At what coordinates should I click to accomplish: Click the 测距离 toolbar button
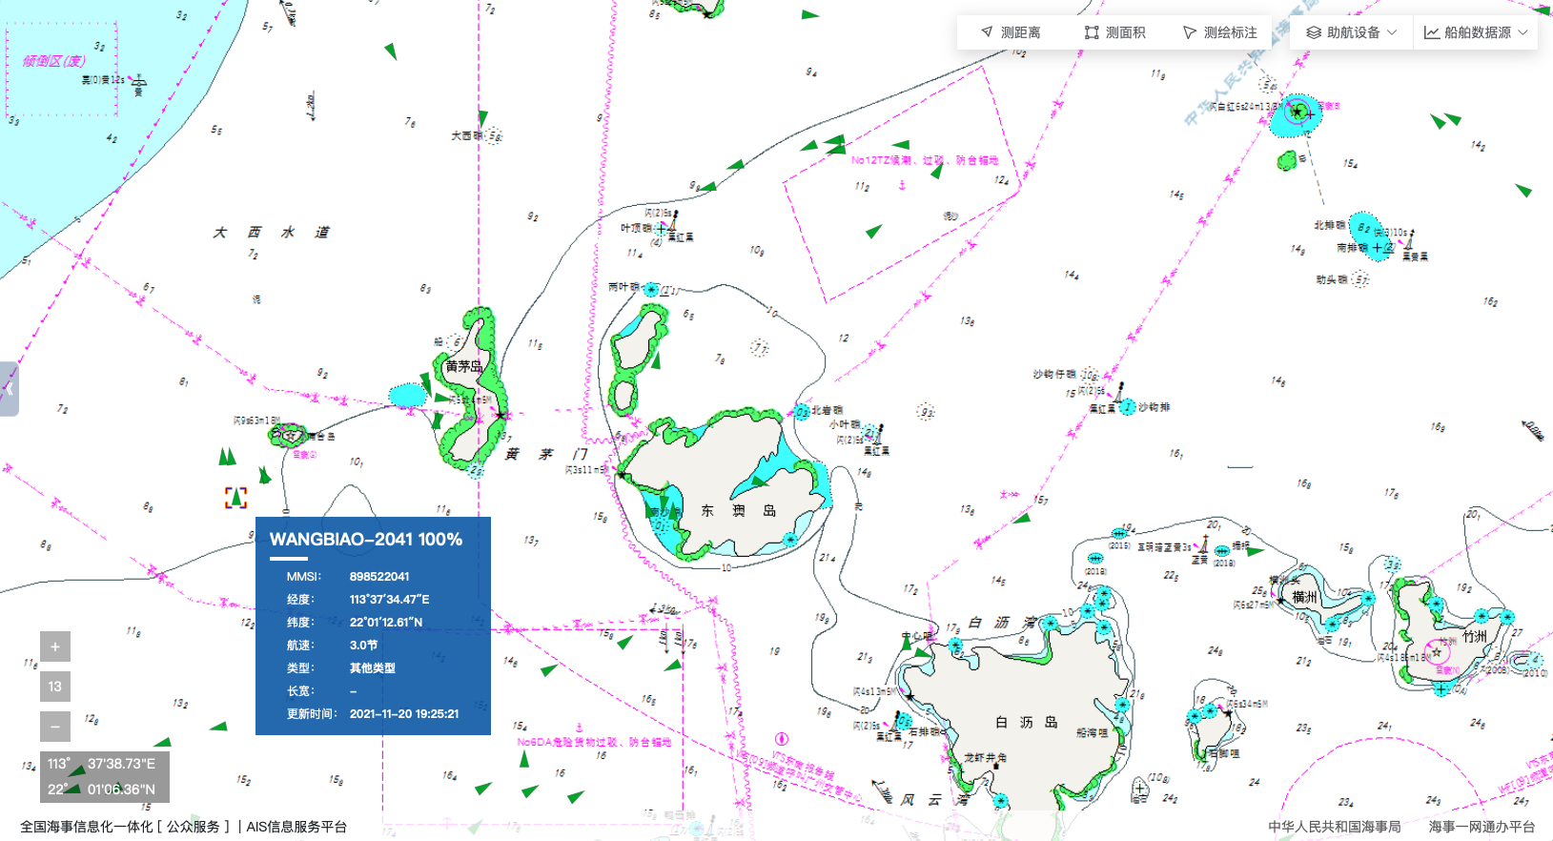coord(1011,32)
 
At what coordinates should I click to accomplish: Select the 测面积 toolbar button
coord(1114,32)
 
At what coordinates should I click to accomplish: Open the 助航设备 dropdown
coord(1351,32)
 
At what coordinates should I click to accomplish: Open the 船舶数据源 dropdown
coord(1476,32)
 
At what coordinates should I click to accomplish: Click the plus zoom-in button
coord(55,646)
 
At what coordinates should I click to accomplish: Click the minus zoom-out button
coord(55,727)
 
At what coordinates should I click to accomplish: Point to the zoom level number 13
coord(55,687)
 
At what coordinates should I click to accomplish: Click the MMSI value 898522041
coord(379,577)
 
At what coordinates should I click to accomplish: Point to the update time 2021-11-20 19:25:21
coord(404,713)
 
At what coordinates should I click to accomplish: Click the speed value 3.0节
coord(363,646)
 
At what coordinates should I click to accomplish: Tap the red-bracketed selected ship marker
coord(235,498)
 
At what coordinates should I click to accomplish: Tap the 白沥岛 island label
coord(1026,723)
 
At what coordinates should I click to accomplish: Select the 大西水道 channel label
coord(271,233)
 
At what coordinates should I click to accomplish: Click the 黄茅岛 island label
coord(463,366)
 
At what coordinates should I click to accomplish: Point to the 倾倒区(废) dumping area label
coord(53,61)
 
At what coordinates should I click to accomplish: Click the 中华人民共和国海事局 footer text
coord(1334,827)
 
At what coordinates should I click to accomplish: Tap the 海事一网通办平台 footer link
coord(1481,827)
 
